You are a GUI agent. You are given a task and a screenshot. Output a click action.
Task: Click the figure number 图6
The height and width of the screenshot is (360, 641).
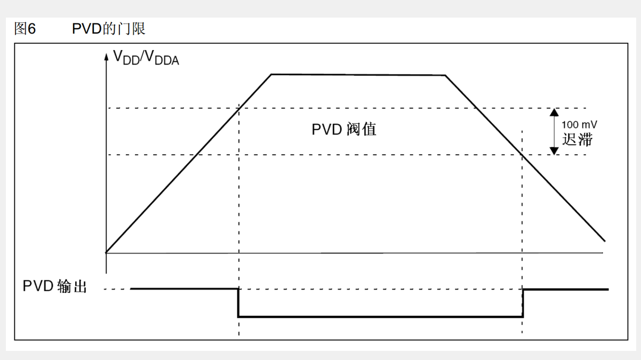(25, 29)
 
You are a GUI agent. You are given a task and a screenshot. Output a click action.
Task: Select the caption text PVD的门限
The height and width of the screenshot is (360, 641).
(109, 29)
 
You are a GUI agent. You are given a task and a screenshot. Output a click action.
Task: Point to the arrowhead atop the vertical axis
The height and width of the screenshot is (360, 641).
(106, 56)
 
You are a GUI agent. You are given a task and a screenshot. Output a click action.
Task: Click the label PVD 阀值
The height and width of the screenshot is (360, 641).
(344, 129)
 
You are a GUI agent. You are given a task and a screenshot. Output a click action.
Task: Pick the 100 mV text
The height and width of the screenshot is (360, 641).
(579, 124)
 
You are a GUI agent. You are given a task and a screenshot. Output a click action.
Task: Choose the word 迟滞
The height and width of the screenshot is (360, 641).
(577, 140)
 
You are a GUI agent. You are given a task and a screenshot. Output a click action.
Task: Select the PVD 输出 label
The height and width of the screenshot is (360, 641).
(55, 286)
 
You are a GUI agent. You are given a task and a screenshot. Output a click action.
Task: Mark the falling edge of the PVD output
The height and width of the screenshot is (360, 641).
(238, 303)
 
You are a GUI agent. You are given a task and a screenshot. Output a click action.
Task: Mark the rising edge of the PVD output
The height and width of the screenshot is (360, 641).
(523, 303)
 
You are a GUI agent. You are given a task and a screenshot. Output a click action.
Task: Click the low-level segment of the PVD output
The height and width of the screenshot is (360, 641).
(380, 317)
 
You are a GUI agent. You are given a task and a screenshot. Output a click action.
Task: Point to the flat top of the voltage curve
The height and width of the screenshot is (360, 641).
(358, 75)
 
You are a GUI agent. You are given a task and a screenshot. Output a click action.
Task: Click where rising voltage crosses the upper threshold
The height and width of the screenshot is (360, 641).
(239, 108)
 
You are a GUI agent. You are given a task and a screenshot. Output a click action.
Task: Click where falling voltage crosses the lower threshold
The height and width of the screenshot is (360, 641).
(522, 155)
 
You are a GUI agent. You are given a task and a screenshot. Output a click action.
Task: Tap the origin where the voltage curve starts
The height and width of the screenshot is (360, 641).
(107, 252)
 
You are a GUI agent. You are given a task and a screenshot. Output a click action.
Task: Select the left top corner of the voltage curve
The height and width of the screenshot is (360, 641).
(271, 74)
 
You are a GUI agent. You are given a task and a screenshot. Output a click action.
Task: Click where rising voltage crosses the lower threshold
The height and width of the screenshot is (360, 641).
(198, 155)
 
